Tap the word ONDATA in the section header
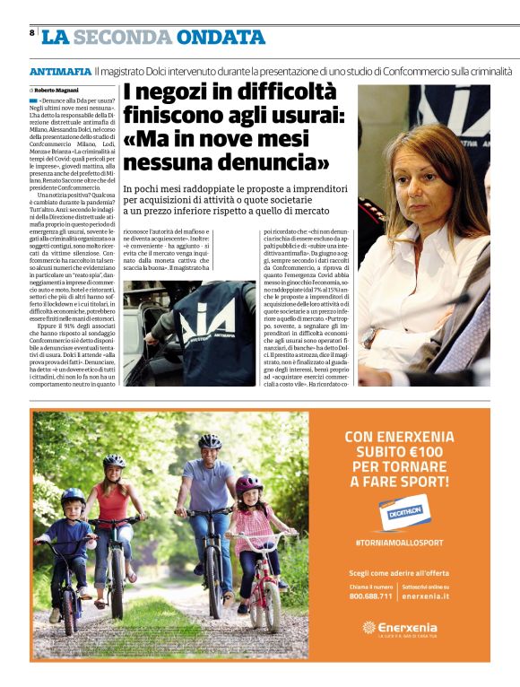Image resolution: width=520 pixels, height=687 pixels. [x=215, y=38]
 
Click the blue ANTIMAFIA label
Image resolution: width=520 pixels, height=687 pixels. [x=60, y=71]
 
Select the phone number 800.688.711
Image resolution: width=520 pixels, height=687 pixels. [x=371, y=596]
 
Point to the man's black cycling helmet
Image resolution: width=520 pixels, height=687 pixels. [x=209, y=441]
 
